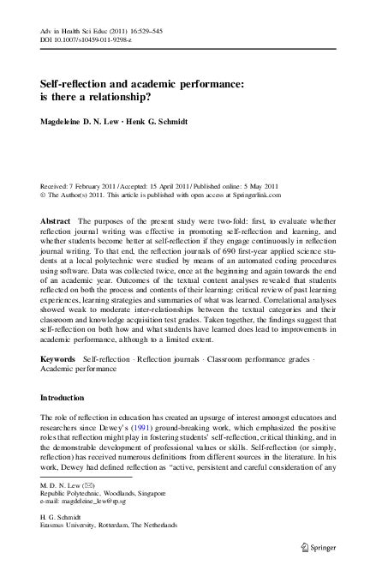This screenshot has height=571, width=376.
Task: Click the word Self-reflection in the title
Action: pyautogui.click(x=76, y=86)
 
